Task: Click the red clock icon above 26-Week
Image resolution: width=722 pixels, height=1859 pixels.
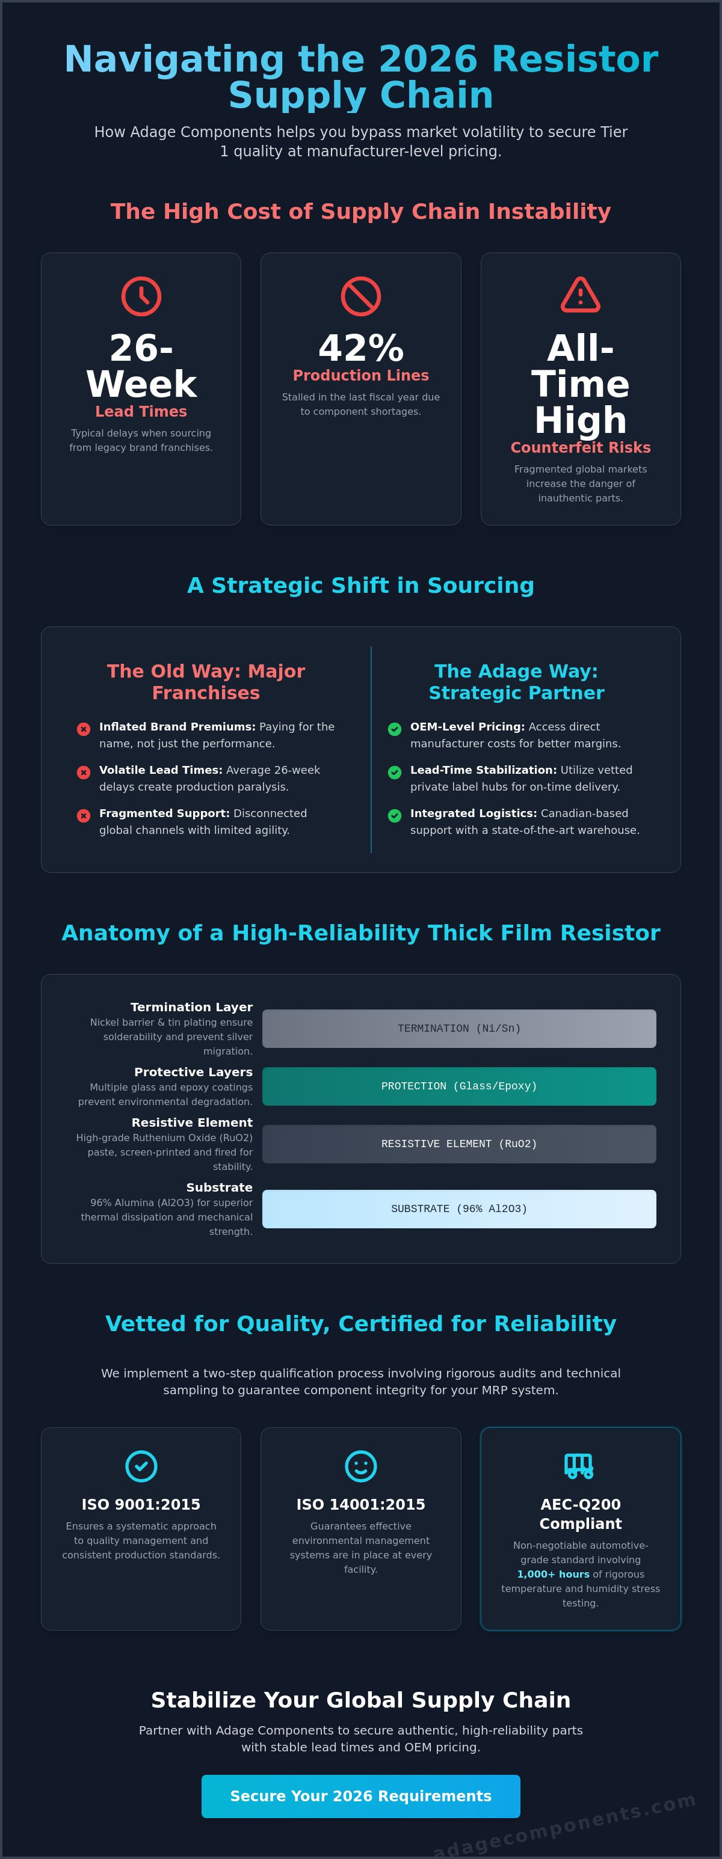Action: click(141, 296)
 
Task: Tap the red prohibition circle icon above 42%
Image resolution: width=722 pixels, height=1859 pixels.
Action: click(360, 296)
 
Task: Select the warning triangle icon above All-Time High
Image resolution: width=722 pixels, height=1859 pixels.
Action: click(581, 295)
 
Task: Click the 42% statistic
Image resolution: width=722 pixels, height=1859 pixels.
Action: click(361, 348)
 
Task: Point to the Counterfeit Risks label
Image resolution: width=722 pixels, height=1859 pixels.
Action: click(581, 447)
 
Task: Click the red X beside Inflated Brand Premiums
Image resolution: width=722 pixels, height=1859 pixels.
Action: click(84, 729)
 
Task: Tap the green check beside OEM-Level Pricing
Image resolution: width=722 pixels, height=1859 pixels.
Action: click(395, 729)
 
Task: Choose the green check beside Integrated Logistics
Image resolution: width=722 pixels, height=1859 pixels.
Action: click(395, 815)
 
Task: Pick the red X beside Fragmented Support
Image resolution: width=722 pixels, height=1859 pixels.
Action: click(84, 815)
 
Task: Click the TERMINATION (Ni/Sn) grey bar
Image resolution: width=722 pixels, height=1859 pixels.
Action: click(459, 1028)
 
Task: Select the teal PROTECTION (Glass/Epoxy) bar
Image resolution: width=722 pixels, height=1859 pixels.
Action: click(459, 1086)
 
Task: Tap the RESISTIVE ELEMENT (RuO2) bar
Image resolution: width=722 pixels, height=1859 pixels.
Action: click(459, 1144)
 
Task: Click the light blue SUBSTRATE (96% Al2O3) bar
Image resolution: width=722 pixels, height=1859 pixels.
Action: click(459, 1209)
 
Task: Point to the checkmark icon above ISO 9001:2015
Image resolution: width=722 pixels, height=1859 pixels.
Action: click(141, 1466)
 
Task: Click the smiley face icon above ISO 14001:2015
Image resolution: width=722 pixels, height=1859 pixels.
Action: click(360, 1466)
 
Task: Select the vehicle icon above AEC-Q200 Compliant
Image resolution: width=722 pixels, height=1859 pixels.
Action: click(579, 1466)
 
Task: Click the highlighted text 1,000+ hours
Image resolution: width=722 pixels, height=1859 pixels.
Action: click(553, 1574)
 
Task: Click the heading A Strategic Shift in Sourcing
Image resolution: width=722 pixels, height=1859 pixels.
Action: click(361, 585)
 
